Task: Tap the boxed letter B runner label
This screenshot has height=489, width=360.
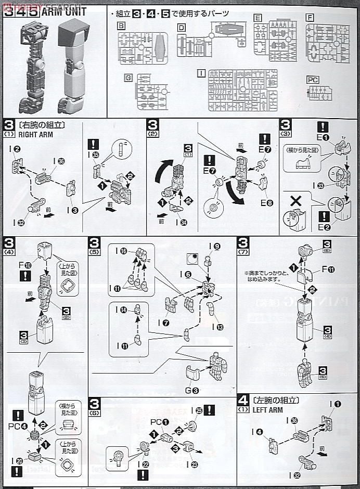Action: click(121, 25)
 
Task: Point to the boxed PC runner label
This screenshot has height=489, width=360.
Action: click(312, 80)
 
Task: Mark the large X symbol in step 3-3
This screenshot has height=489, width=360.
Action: click(295, 200)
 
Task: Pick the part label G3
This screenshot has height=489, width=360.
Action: click(192, 390)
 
